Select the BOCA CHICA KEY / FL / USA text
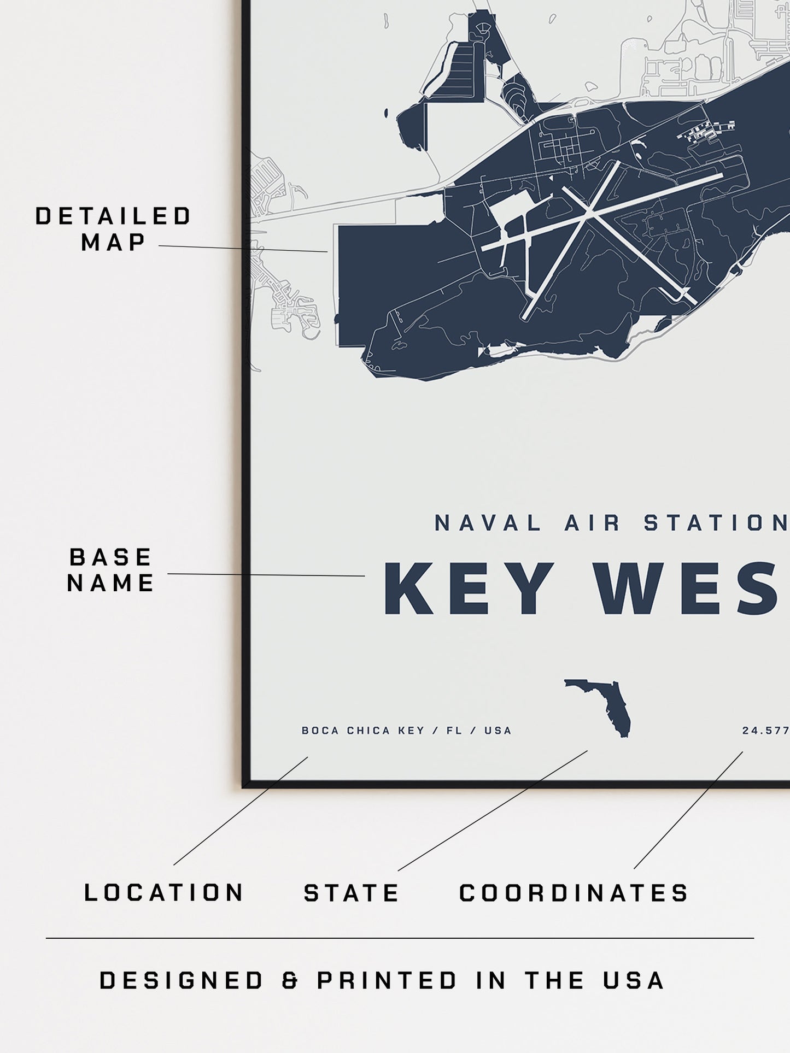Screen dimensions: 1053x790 (x=406, y=731)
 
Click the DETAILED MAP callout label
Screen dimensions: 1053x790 (x=113, y=229)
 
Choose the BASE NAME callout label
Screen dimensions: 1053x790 (x=110, y=570)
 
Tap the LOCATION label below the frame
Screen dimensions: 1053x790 (x=164, y=893)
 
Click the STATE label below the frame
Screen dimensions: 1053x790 (x=352, y=893)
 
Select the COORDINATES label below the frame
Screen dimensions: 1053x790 (x=574, y=893)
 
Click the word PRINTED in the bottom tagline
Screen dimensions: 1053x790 (x=387, y=981)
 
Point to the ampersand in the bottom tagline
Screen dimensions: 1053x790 (x=290, y=981)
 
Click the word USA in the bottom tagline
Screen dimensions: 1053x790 (x=634, y=981)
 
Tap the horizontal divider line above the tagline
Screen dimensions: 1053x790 (x=399, y=939)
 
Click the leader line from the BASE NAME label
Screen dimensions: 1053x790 (x=266, y=575)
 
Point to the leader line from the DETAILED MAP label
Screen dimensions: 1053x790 (x=243, y=249)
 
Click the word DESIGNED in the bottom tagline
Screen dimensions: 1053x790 (x=182, y=981)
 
